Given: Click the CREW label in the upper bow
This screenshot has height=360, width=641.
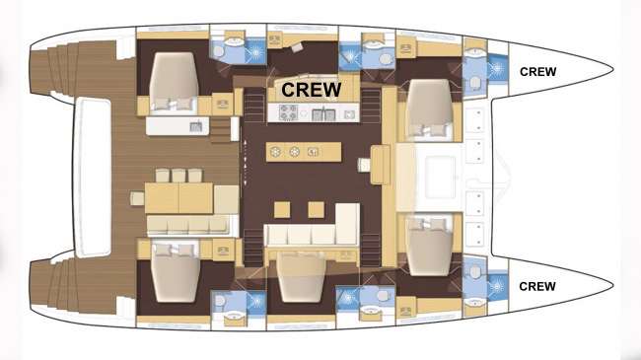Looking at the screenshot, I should [536, 71].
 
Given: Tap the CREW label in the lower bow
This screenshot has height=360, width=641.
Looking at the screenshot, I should [536, 286].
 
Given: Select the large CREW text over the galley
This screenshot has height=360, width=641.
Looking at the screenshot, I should [312, 89].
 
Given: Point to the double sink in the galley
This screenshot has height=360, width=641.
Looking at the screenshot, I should [323, 114].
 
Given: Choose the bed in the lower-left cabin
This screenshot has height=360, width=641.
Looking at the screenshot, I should [175, 275].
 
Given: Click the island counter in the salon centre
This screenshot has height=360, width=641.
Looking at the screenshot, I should [304, 152].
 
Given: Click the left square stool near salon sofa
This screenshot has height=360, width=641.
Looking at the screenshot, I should [282, 208].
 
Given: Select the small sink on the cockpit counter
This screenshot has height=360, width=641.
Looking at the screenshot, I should [195, 126].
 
